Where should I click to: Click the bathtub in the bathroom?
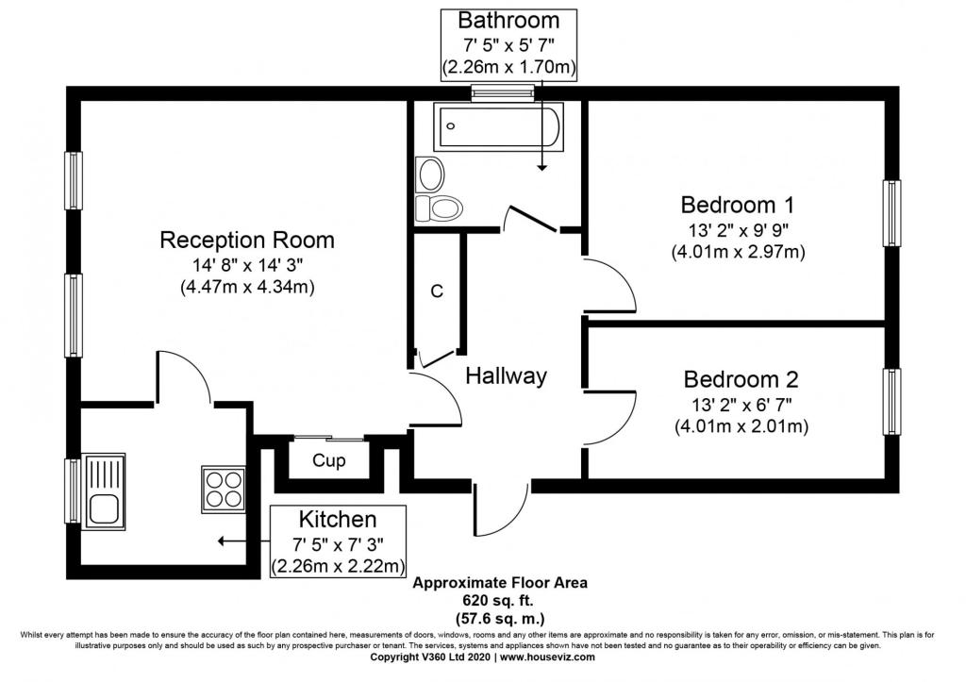point(498,126)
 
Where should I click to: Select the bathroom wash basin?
point(430,174)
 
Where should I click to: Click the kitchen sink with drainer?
point(104,491)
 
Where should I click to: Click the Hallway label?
point(506,375)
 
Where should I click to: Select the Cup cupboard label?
point(329,460)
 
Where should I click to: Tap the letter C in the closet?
point(437,291)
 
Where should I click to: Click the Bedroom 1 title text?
point(738,205)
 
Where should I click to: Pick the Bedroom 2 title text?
point(741,379)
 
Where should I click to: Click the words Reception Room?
point(247,240)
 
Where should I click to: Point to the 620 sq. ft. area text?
point(498,600)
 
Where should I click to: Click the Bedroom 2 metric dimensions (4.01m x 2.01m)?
point(741,426)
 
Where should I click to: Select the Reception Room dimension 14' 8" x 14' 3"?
point(248,265)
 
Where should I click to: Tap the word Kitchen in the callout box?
point(338,520)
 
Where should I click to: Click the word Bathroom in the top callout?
point(508,21)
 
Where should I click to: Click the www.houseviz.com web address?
point(547,657)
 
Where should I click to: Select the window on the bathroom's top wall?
point(502,92)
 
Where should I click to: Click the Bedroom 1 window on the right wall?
point(891,213)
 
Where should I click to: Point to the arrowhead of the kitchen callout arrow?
point(221,541)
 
